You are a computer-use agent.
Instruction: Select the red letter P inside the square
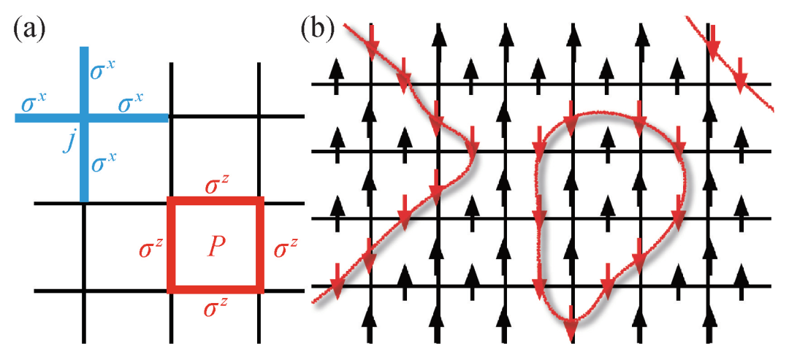coord(216,247)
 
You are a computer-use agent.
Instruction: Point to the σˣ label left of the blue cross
coord(34,103)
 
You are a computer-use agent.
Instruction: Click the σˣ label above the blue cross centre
coord(102,71)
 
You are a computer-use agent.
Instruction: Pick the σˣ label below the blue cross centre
coord(102,162)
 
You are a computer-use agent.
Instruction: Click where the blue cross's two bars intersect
coord(84,116)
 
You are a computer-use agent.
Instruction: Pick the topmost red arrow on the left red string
coord(372,44)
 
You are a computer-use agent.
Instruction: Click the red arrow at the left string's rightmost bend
coord(470,149)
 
